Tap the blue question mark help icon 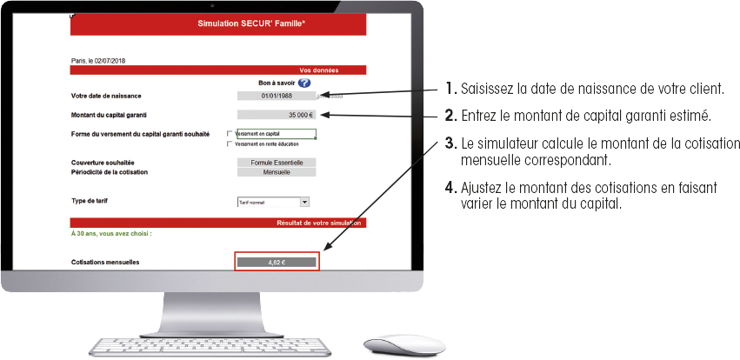(304, 83)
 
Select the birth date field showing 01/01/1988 (277, 96)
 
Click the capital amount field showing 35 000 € (277, 115)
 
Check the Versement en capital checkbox (230, 134)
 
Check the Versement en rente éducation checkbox (230, 144)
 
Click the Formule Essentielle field (277, 163)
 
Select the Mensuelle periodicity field (277, 172)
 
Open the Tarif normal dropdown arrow (304, 202)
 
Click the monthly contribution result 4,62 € (277, 261)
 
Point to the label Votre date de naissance (106, 96)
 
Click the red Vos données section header (318, 70)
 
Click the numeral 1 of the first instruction (449, 89)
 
